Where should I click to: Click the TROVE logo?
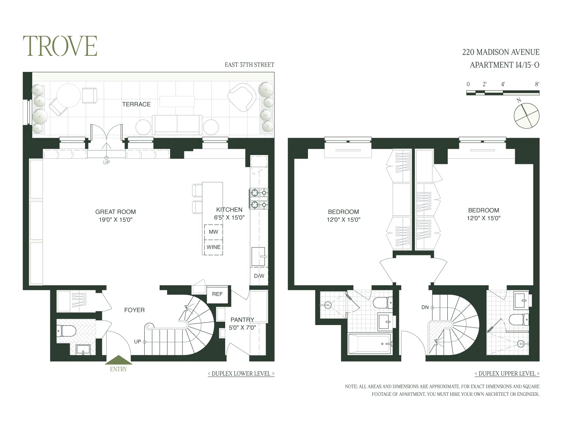(60, 46)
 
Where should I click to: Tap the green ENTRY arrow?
(118, 360)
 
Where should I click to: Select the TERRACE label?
(136, 104)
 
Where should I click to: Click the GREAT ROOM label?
(115, 212)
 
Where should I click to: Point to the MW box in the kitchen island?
(213, 232)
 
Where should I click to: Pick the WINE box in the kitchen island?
(213, 247)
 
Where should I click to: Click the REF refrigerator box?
(217, 294)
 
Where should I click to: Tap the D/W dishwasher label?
(259, 276)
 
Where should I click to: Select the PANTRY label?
(242, 320)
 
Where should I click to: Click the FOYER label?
(134, 310)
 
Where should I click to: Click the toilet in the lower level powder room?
(66, 330)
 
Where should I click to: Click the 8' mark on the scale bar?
(537, 84)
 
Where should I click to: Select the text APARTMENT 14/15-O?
(504, 65)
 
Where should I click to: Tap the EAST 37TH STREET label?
(249, 65)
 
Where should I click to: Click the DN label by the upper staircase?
(425, 307)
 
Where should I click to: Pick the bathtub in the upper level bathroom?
(369, 343)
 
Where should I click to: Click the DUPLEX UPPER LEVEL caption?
(507, 374)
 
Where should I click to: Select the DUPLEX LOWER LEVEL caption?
(241, 374)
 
